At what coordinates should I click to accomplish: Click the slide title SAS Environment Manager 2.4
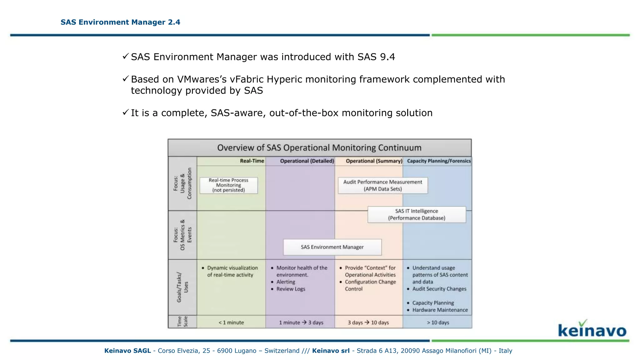(x=120, y=22)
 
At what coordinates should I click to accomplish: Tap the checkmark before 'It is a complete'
(x=126, y=112)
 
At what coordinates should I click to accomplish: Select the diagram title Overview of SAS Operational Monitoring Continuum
(x=319, y=148)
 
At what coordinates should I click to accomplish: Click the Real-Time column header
(x=252, y=161)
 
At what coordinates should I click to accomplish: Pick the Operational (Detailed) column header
(x=307, y=161)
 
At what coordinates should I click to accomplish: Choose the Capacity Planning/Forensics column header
(x=438, y=161)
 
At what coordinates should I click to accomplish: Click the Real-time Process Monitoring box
(x=228, y=185)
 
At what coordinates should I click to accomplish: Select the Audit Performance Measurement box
(x=382, y=185)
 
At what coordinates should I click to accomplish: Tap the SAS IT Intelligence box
(x=417, y=215)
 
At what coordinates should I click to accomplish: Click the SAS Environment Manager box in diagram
(x=332, y=247)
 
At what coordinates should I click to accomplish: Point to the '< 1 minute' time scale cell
(x=231, y=322)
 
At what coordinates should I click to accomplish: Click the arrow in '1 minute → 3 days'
(x=304, y=322)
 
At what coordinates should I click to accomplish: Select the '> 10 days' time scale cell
(x=438, y=322)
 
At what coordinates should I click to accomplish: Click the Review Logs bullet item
(x=291, y=289)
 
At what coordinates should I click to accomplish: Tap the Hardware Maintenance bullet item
(x=440, y=310)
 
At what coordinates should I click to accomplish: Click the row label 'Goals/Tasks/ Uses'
(x=182, y=287)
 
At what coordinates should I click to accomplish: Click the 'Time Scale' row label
(x=182, y=322)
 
